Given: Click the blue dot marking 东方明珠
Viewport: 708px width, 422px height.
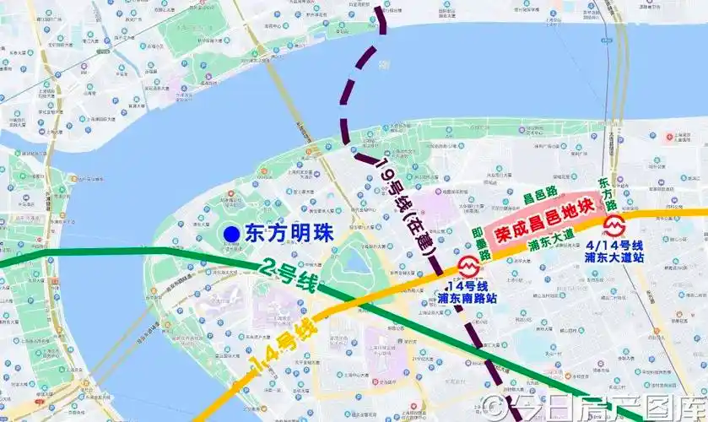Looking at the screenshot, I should (x=231, y=234).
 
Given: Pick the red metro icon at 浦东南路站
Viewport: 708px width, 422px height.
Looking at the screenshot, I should (x=467, y=265).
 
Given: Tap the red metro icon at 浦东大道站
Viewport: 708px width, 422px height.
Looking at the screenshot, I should (x=614, y=225).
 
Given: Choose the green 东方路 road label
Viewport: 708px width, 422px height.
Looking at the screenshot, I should (x=604, y=194).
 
